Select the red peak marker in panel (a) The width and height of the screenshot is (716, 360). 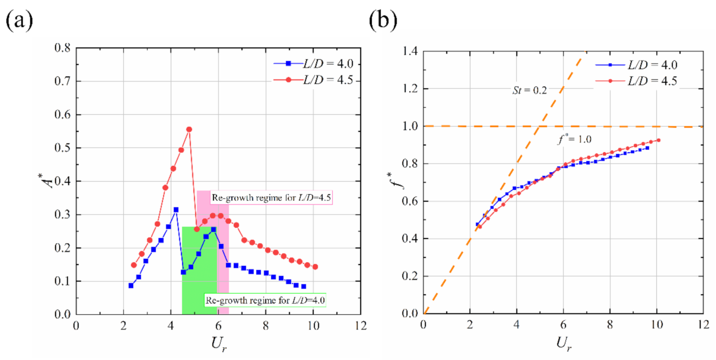click(189, 129)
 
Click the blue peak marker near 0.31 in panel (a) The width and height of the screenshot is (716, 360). click(176, 209)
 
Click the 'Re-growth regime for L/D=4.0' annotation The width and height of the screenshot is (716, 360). click(264, 300)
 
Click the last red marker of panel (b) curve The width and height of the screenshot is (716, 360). click(658, 140)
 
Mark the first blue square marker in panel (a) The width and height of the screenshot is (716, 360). click(131, 285)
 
